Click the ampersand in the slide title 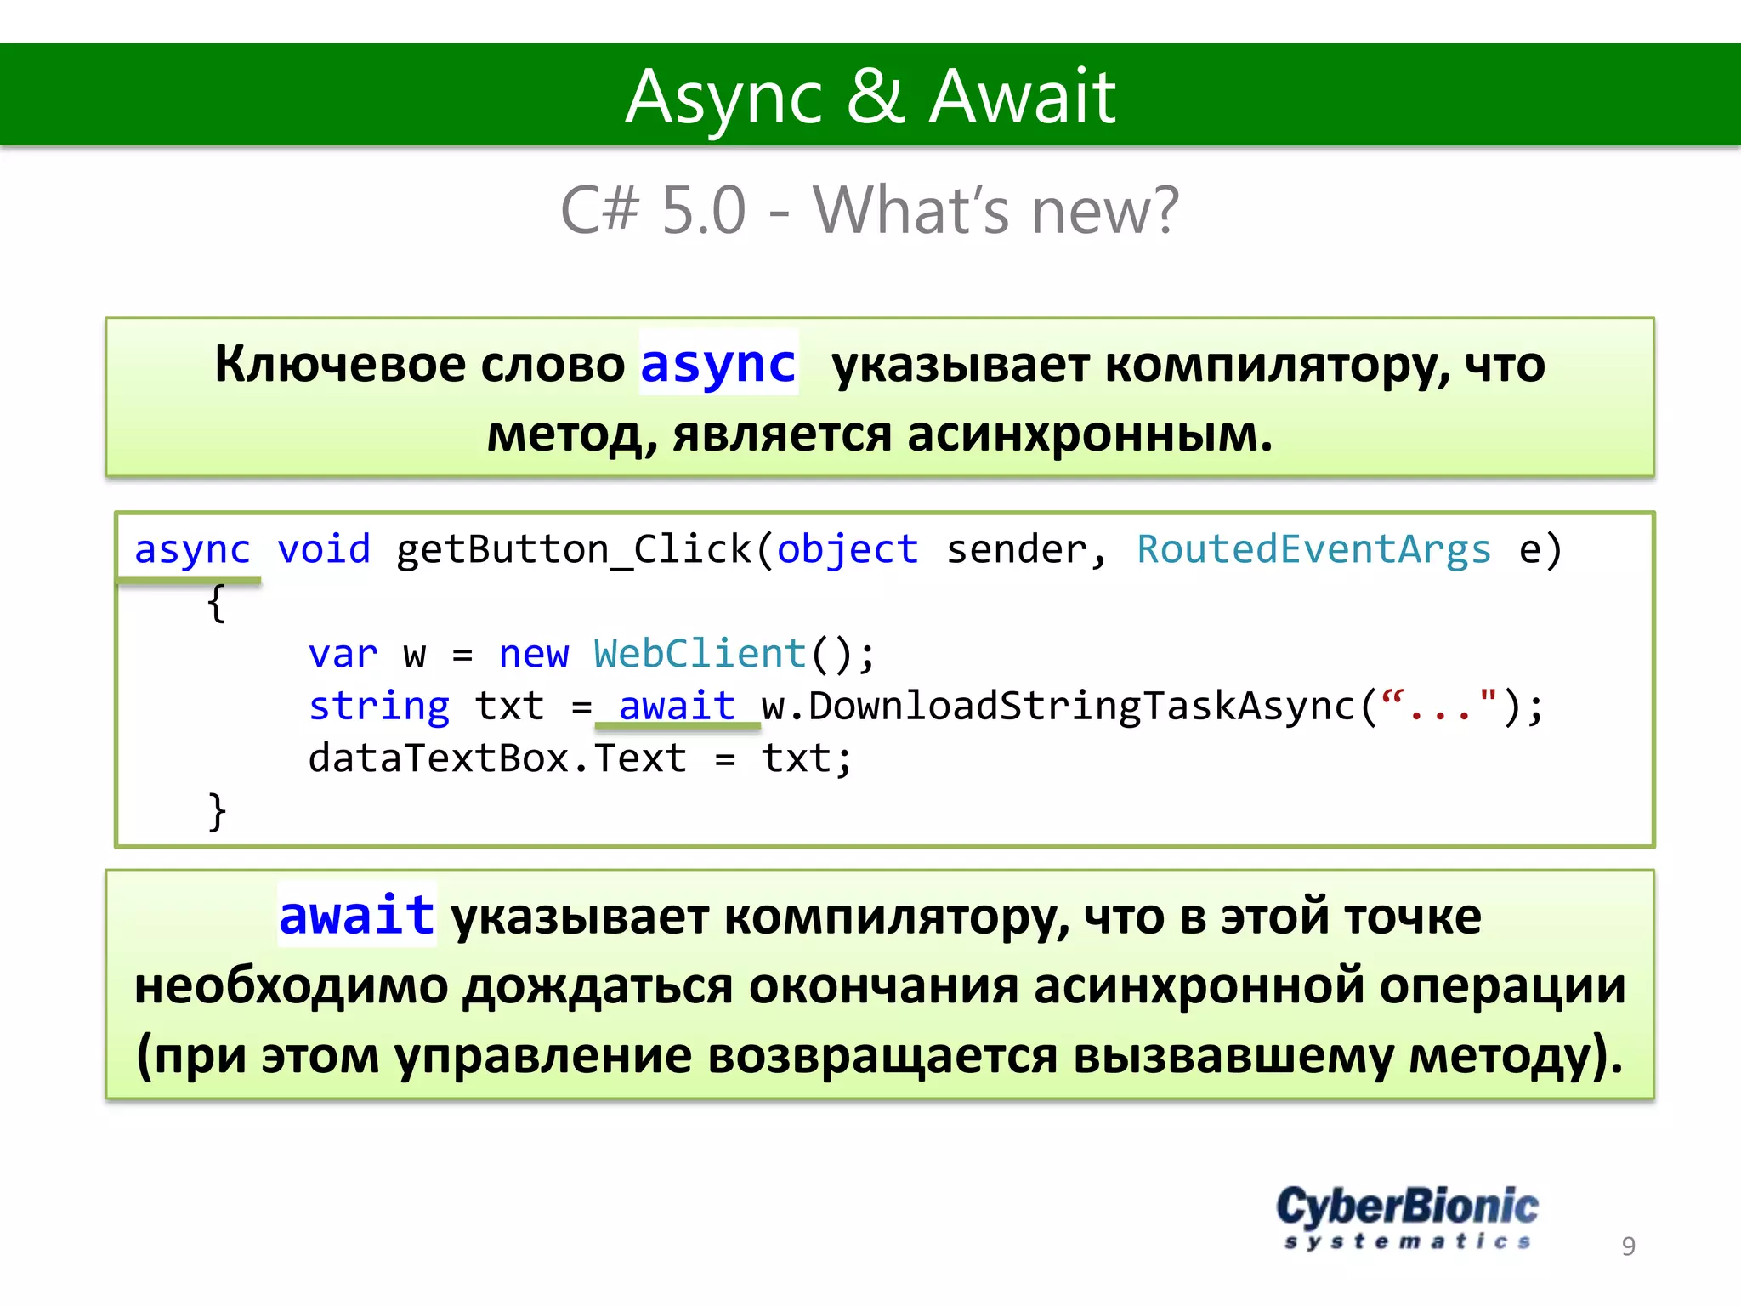click(x=875, y=97)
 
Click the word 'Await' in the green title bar click(x=1022, y=97)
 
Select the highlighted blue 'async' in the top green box click(x=718, y=364)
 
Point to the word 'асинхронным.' click(x=1090, y=434)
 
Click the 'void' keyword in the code click(x=324, y=549)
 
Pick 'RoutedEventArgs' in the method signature click(x=1313, y=549)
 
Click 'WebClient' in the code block click(x=700, y=654)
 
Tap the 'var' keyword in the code click(x=343, y=654)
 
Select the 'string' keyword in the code click(x=379, y=707)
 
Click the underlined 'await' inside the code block click(x=677, y=707)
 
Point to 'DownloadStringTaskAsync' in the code click(x=1081, y=707)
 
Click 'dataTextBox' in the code click(x=438, y=758)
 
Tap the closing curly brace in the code click(x=217, y=811)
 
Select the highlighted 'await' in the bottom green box click(x=357, y=916)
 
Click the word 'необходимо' click(x=291, y=986)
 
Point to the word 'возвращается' click(x=882, y=1056)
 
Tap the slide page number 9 click(x=1628, y=1246)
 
